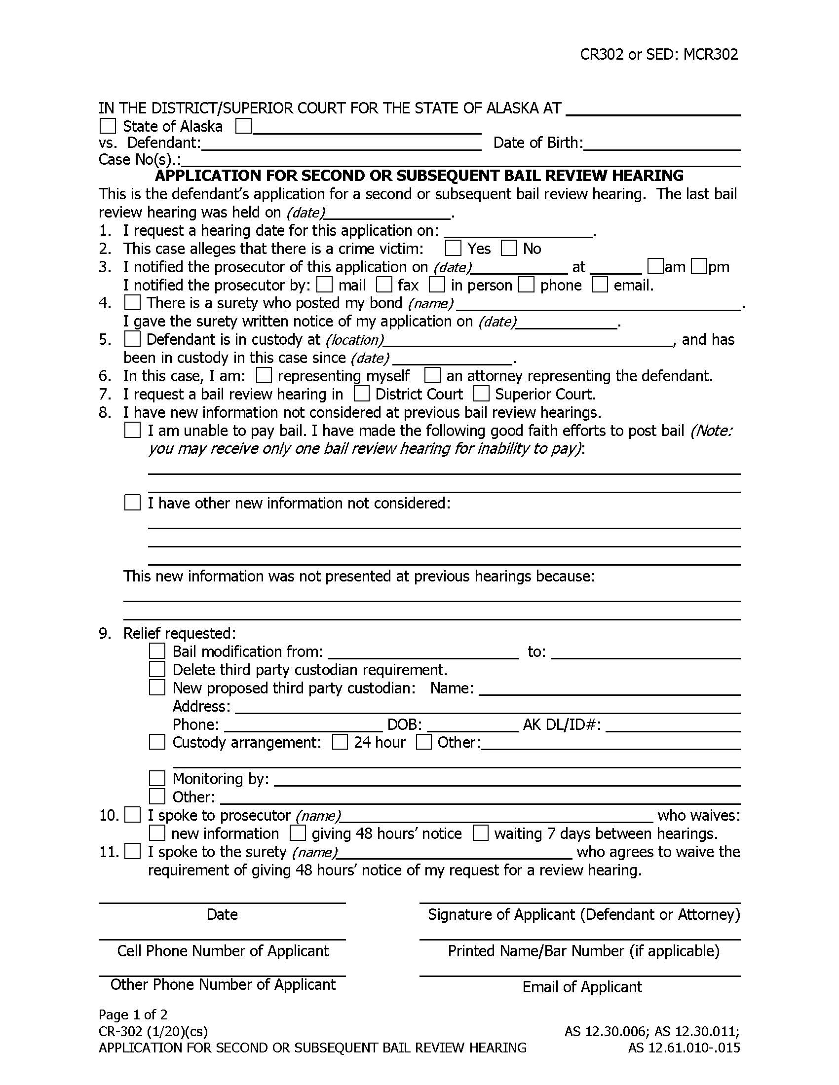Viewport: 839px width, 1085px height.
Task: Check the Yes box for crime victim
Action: (453, 248)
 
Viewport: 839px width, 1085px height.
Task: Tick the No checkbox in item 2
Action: (508, 248)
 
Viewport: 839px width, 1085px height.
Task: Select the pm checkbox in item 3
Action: (699, 266)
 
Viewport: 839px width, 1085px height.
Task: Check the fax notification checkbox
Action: (383, 285)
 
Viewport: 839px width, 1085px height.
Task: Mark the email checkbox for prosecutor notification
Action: (600, 285)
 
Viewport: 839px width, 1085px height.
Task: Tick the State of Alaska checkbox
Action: (108, 126)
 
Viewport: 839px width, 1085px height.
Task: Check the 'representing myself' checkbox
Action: (264, 375)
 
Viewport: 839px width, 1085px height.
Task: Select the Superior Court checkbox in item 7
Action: (481, 394)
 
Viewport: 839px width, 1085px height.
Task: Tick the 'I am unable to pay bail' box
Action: (132, 430)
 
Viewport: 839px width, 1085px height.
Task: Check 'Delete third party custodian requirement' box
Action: (157, 669)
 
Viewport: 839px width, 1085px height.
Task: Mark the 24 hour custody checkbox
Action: (340, 742)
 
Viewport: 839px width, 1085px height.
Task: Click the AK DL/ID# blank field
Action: (673, 726)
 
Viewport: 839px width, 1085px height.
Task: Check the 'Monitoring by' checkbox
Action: (157, 778)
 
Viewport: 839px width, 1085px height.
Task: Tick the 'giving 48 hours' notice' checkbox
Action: (298, 833)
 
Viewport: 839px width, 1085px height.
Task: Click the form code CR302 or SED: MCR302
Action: (658, 54)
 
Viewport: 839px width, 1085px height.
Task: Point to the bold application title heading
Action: (419, 176)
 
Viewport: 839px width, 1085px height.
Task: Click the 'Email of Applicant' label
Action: (581, 987)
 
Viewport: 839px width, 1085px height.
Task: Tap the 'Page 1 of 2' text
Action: (133, 1014)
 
